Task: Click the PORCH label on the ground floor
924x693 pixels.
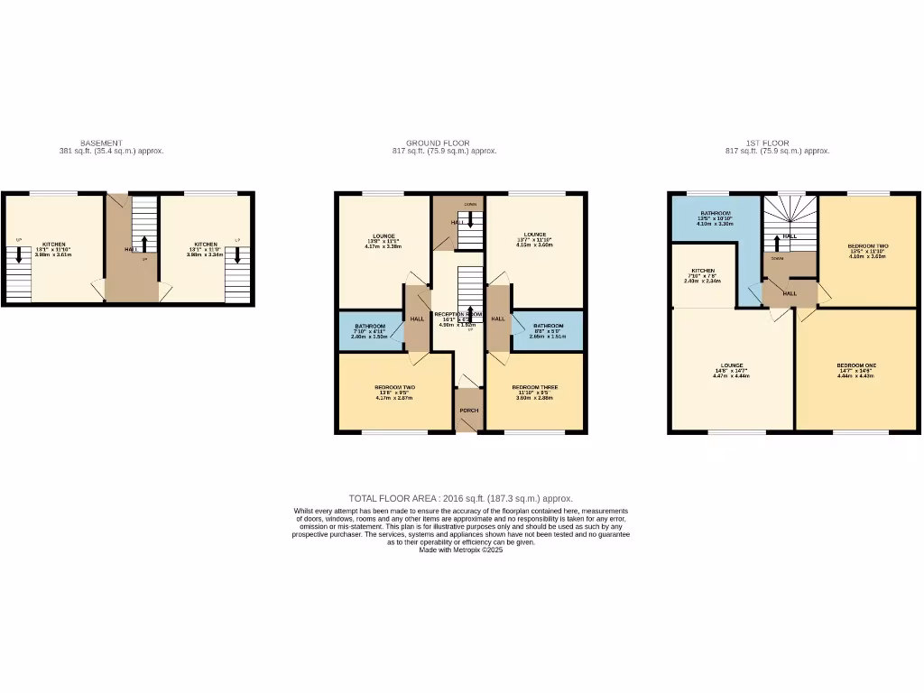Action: point(468,411)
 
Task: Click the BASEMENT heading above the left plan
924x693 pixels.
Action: point(100,143)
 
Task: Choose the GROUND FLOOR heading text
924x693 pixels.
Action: point(438,143)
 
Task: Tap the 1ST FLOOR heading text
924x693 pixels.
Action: point(767,143)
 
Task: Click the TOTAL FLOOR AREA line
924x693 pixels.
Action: point(460,498)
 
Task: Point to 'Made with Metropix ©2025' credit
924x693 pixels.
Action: point(460,550)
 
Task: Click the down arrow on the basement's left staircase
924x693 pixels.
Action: point(18,255)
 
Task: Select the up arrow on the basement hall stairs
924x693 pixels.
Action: point(144,244)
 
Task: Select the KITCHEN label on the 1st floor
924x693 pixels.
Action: point(703,271)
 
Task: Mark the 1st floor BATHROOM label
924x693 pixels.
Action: point(716,213)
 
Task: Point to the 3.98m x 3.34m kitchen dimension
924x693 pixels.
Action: point(205,255)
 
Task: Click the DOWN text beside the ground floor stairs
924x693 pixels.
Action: point(470,205)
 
